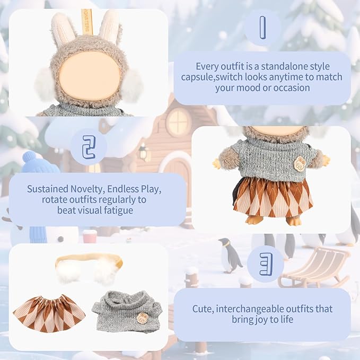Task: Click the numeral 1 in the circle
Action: pos(263,28)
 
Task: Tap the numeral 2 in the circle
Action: pos(89,147)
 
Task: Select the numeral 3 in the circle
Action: pos(266,264)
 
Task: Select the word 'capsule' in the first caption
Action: pos(197,77)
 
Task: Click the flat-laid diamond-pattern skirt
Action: pos(49,314)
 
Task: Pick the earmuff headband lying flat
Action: pos(90,267)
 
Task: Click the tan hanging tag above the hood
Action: pos(87,22)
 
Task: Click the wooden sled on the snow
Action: pos(314,267)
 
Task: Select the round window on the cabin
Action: pos(178,120)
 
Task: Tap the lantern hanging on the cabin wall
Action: pos(143,152)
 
